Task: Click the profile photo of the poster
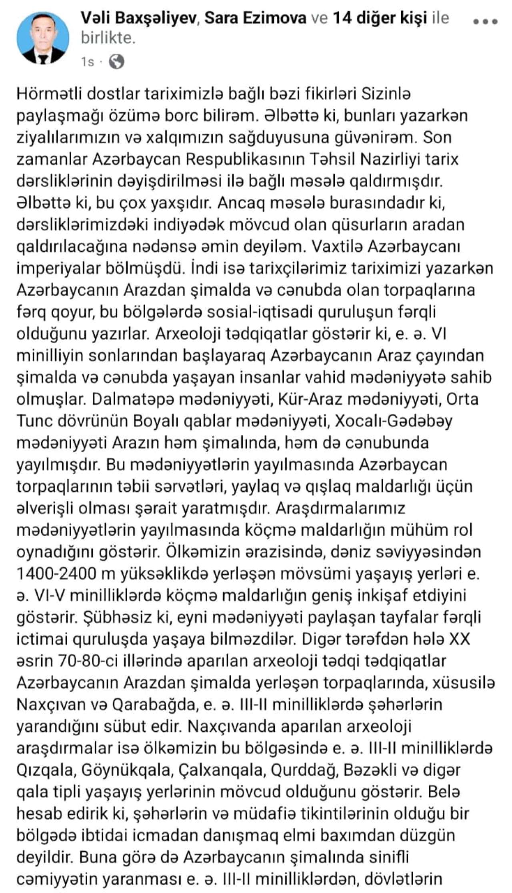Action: click(43, 38)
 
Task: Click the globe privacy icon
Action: click(116, 62)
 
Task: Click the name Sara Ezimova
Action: click(256, 18)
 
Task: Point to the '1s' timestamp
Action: click(87, 62)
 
